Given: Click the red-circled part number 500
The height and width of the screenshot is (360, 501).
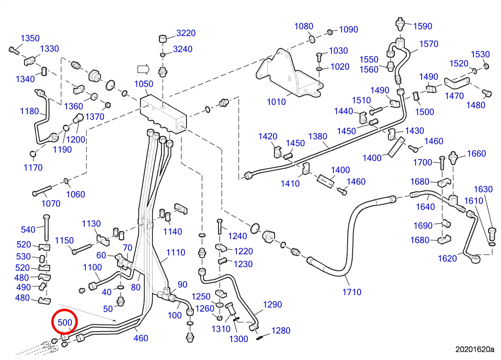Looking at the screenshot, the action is point(65,322).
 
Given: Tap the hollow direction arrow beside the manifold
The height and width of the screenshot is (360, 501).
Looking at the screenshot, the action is point(143,69).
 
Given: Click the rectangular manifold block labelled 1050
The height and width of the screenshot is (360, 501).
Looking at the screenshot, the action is point(163,115).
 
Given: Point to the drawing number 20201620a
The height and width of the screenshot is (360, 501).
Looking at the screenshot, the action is point(475,349).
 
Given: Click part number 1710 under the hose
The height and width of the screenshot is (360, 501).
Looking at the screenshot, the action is point(352,292).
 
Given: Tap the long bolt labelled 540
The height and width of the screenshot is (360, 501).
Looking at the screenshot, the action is point(46,228).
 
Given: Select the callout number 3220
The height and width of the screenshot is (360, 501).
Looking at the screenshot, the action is point(186,33).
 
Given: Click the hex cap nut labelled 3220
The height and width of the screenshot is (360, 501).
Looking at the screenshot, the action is point(163,39).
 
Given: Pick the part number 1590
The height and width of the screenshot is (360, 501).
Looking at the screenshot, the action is point(422,26).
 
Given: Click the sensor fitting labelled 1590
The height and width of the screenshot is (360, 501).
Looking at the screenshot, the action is point(400,24).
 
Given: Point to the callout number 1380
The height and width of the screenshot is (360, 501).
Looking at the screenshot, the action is point(317,136).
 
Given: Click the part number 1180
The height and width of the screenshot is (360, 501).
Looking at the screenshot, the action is point(29,111).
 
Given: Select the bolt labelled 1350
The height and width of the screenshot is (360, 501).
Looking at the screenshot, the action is point(14,50).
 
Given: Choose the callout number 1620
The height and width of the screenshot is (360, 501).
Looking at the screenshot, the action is point(447,258).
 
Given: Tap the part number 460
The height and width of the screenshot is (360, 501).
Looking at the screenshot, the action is point(141,338).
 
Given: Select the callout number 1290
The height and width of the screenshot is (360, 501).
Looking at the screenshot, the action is point(272,304).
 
